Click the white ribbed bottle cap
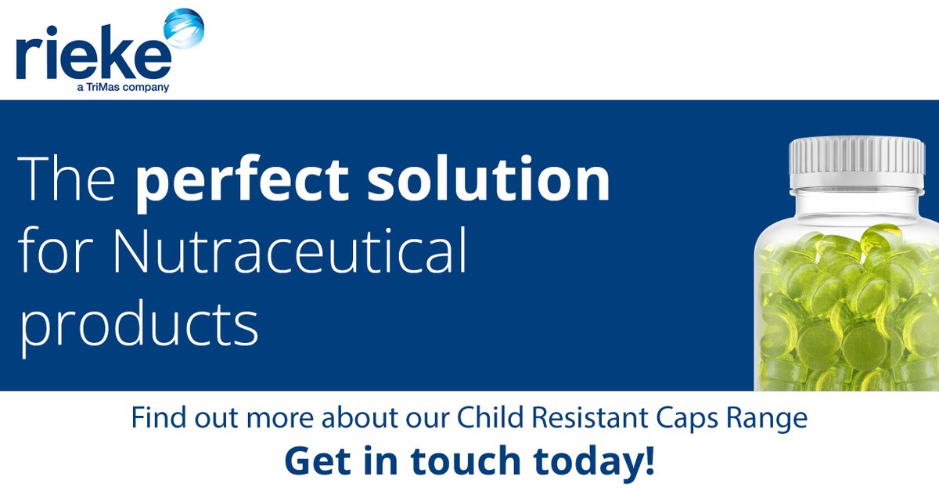click(x=856, y=164)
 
